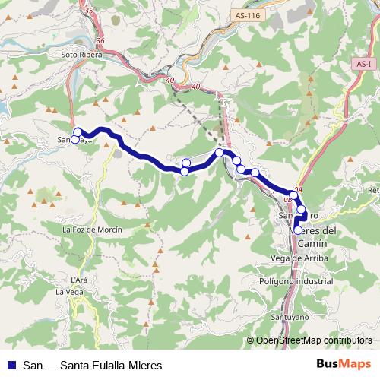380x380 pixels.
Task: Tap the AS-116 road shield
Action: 244,14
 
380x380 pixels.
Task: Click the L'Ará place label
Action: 80,280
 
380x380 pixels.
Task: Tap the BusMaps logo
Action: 343,364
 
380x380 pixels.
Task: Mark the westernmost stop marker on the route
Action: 74,139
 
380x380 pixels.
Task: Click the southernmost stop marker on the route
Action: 298,230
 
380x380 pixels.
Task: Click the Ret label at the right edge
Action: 372,189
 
